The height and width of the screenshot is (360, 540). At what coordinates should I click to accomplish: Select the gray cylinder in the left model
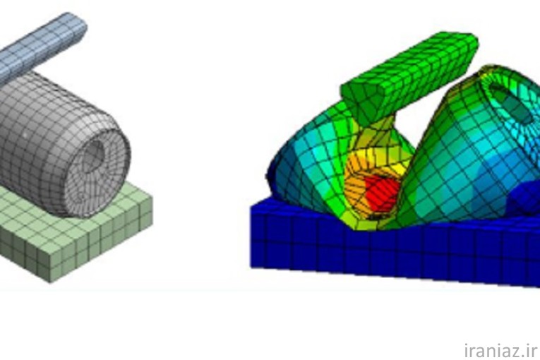point(62,145)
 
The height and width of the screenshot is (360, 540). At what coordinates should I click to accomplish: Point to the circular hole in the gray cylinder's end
point(93,156)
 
